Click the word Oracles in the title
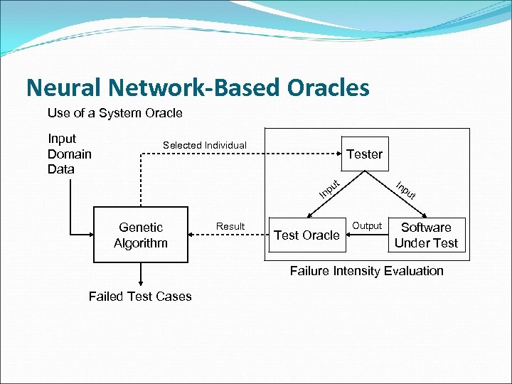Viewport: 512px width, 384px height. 329,87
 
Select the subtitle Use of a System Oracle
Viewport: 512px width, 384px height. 114,113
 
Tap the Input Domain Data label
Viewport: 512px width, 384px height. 69,154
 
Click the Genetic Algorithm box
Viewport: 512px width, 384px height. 141,235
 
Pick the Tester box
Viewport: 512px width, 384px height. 364,154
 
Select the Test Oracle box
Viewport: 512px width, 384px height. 307,235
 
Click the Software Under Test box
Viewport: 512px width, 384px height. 426,235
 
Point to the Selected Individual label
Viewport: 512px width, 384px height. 205,145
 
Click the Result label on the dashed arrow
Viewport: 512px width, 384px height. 230,226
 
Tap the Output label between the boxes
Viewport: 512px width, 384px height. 368,225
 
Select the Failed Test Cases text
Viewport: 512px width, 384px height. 140,297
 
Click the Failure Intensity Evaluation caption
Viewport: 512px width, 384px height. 366,271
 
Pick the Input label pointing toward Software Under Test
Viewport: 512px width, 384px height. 405,190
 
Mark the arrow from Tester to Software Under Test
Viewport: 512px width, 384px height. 402,195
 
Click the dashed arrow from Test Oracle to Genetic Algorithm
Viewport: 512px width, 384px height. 228,235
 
